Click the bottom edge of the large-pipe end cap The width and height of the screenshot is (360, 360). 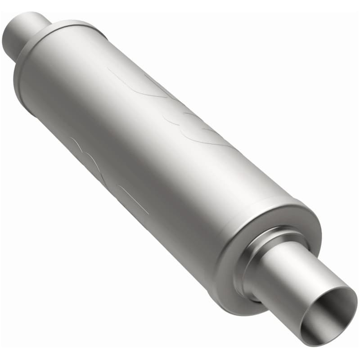(238, 310)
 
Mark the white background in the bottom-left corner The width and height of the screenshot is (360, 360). (27, 333)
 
